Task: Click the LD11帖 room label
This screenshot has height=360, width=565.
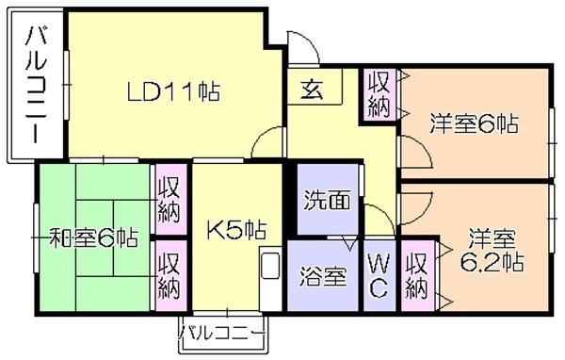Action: tap(175, 91)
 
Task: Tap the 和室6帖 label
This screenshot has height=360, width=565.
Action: tap(93, 237)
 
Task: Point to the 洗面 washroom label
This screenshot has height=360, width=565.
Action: tap(327, 200)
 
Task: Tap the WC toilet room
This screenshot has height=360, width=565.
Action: tap(379, 275)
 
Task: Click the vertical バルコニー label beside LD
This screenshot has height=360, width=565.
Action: tap(37, 85)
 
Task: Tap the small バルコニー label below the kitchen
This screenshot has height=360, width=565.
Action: tap(222, 332)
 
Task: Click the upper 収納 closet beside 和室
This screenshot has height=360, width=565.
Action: tap(169, 199)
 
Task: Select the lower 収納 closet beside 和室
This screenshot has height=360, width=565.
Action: tap(169, 273)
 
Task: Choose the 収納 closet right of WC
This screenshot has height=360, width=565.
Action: tap(417, 273)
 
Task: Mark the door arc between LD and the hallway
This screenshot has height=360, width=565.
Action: tap(269, 142)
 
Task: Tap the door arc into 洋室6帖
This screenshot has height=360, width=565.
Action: tap(411, 151)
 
